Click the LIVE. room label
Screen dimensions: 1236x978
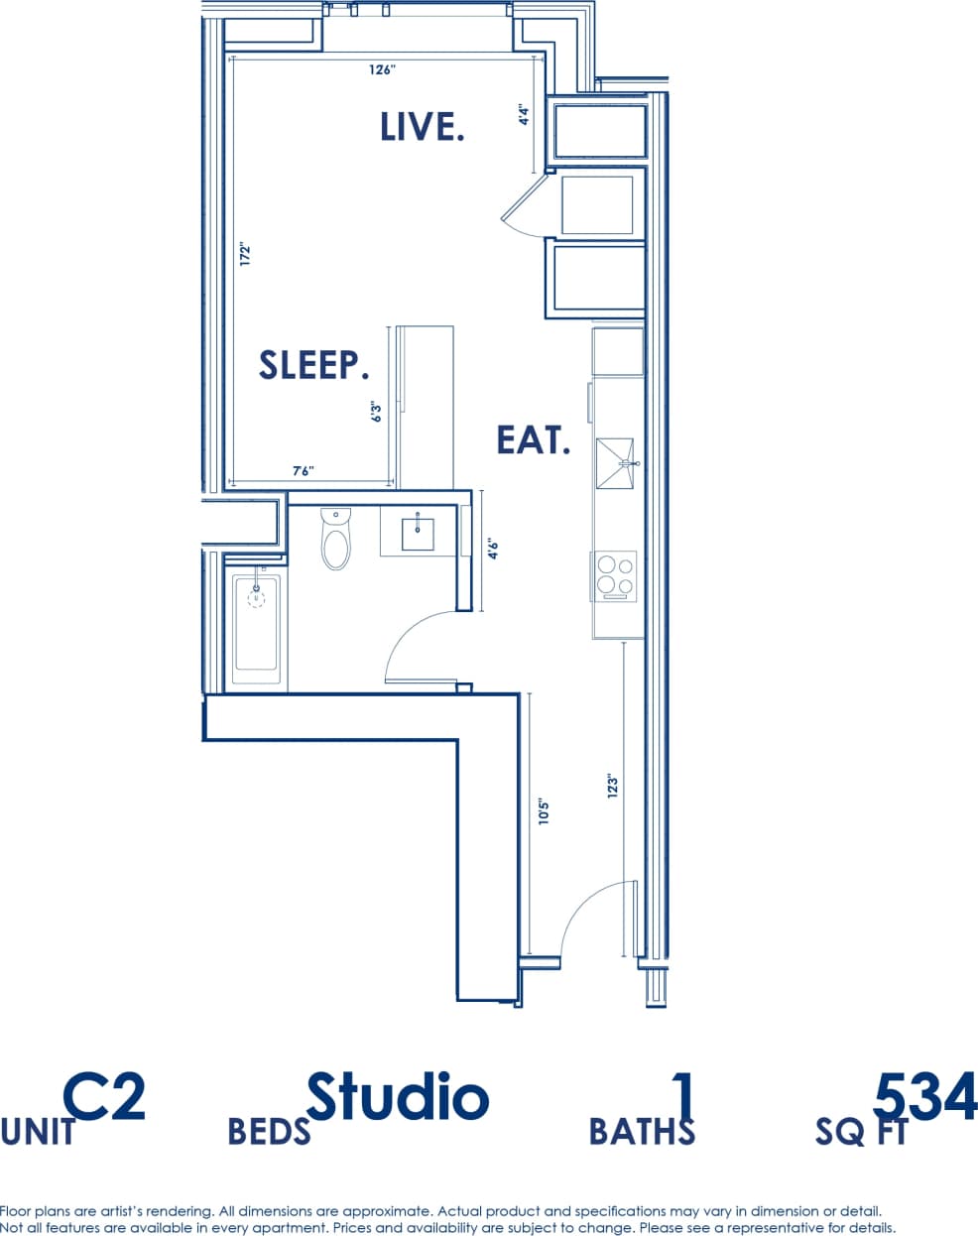(423, 127)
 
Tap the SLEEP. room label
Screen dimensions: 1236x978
(313, 365)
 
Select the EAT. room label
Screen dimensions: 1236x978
(534, 439)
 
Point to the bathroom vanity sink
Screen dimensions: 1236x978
(418, 533)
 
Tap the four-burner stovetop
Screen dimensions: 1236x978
(615, 576)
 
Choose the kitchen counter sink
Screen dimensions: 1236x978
(620, 463)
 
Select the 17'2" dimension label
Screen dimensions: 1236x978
(245, 254)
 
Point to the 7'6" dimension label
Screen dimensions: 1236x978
(304, 471)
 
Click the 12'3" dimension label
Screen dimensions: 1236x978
(613, 786)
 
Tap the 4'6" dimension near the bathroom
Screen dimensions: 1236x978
(492, 549)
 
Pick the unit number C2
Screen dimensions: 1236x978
(104, 1097)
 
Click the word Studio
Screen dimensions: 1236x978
(397, 1097)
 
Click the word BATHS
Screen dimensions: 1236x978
(642, 1131)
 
